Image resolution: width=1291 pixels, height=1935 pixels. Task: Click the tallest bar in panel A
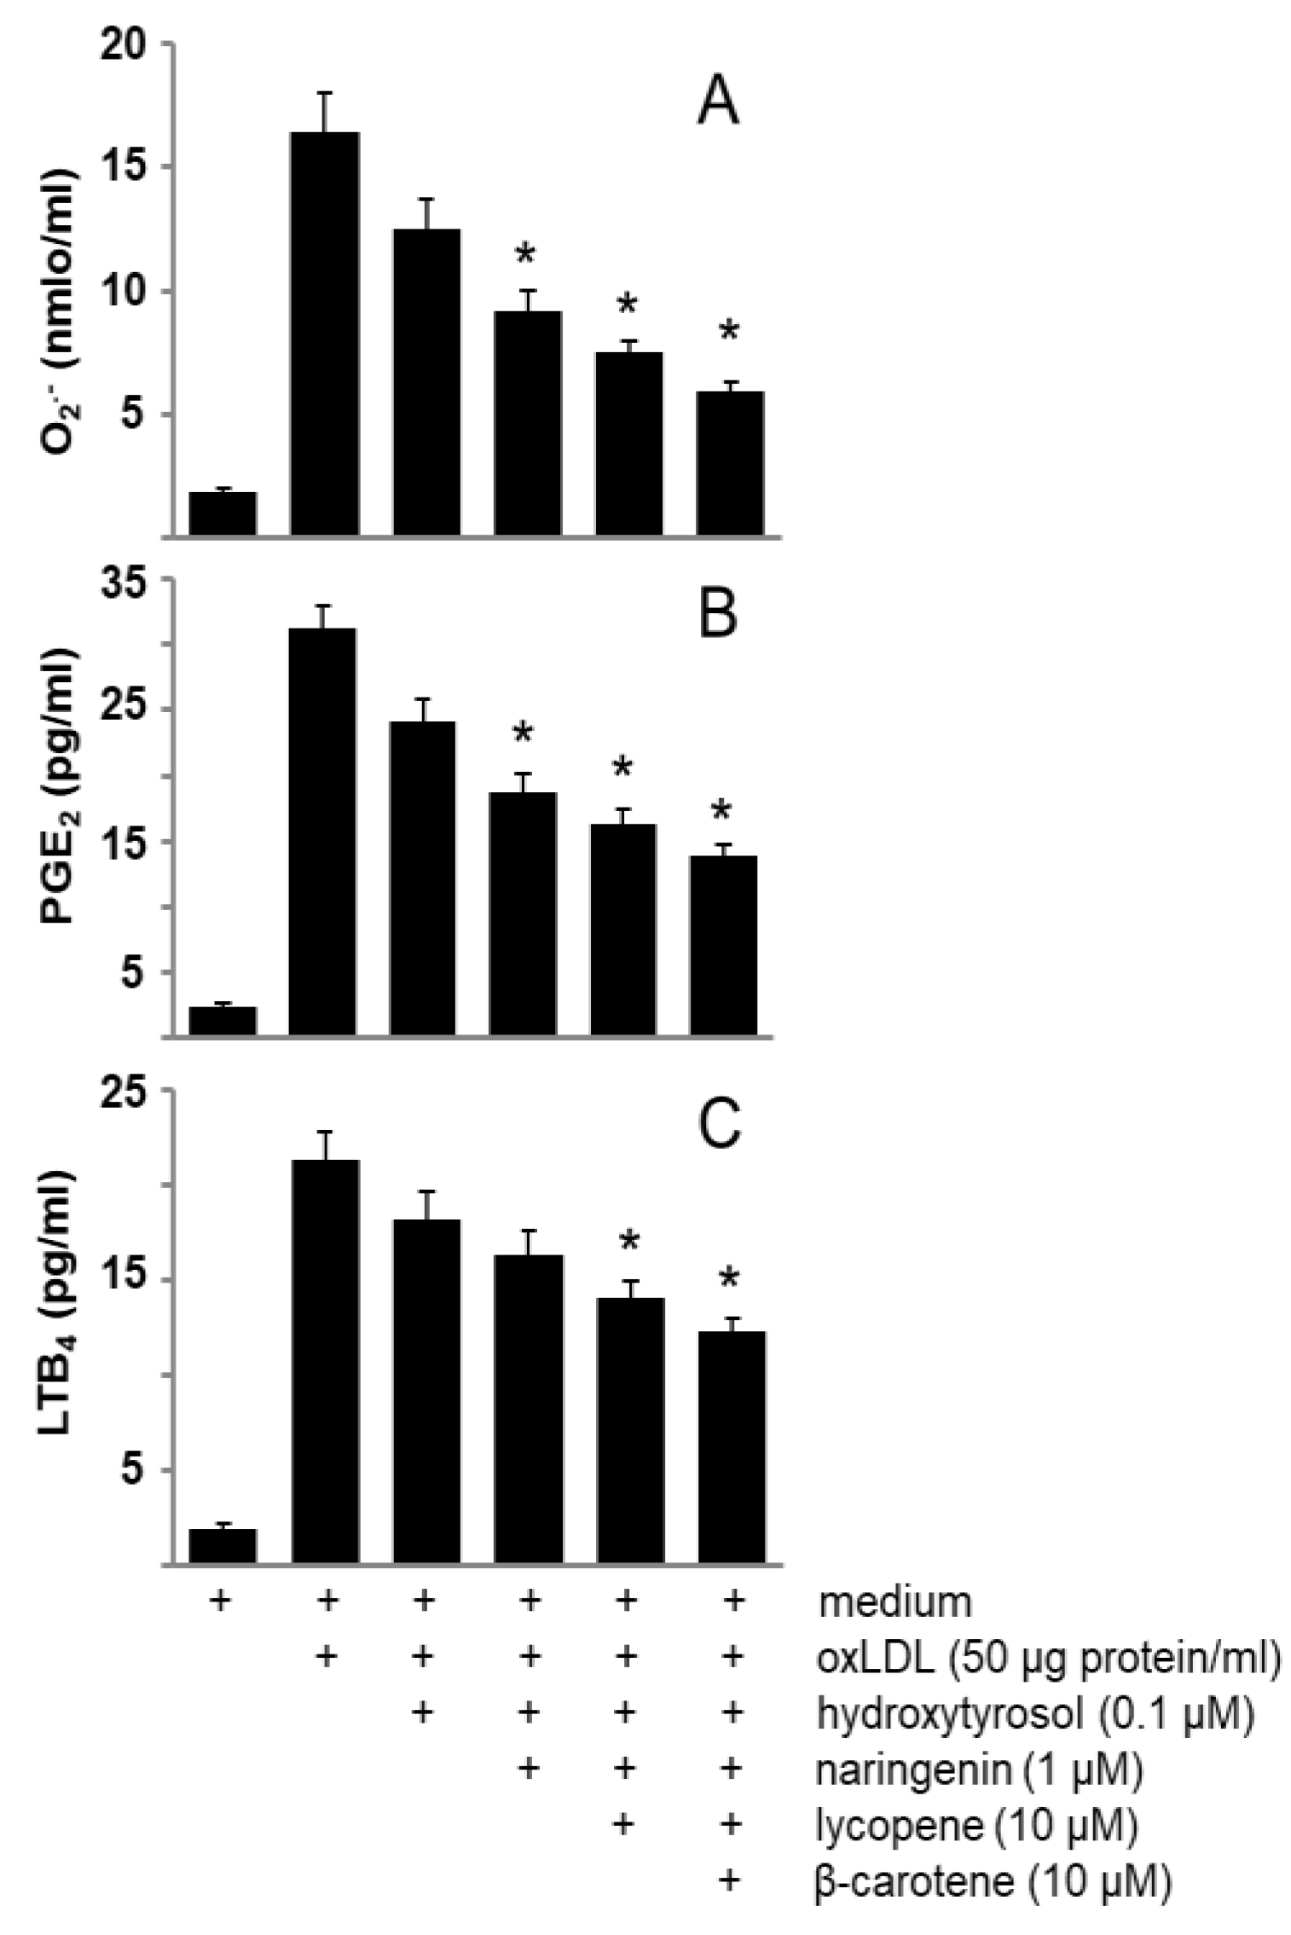324,333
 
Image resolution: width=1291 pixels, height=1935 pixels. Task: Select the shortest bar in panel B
223,1021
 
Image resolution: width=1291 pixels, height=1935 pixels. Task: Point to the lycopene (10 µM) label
977,1825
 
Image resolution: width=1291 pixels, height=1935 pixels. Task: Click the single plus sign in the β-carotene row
730,1880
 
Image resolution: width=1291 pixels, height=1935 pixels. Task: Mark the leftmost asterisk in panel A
526,253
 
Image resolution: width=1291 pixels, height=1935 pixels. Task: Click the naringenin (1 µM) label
979,1770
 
